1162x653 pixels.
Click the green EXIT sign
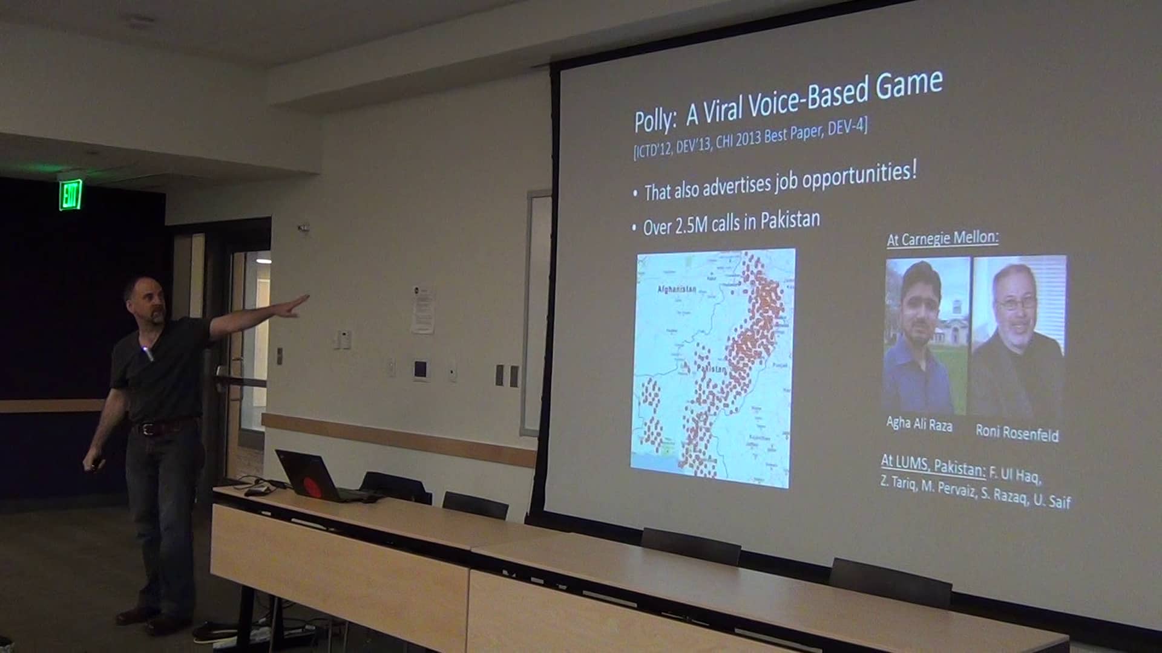(71, 195)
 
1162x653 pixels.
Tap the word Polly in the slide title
(654, 120)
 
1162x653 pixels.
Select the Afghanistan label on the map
(677, 290)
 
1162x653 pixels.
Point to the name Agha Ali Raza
(919, 424)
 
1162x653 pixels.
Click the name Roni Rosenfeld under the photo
(1017, 433)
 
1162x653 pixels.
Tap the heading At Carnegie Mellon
(942, 238)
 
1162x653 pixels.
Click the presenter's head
(144, 300)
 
